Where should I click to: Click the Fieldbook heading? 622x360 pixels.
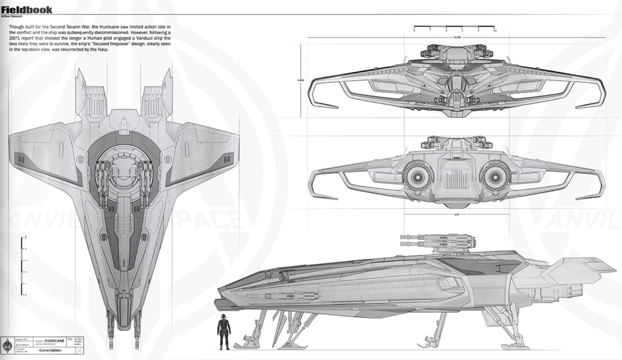(x=27, y=10)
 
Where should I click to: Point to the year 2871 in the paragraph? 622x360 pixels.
(x=14, y=39)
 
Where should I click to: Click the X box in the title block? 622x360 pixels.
(x=80, y=351)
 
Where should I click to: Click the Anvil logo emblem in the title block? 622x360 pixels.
(x=7, y=345)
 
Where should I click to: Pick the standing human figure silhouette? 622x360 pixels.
(x=224, y=332)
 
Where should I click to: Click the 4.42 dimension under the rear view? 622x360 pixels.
(x=456, y=215)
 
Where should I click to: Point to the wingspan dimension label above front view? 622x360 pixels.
(x=456, y=37)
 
